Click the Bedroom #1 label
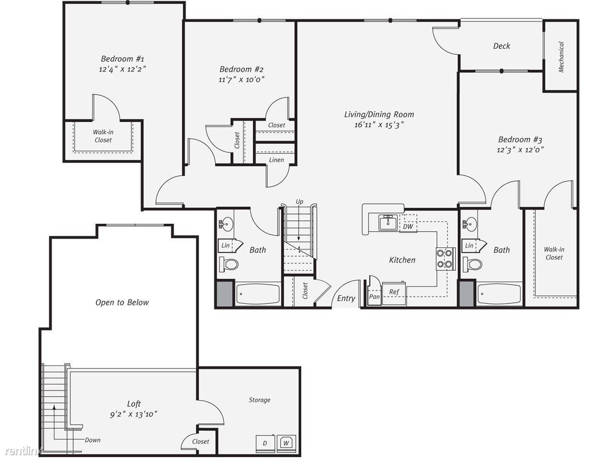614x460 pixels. (x=122, y=59)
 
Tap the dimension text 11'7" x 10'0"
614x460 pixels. (x=241, y=80)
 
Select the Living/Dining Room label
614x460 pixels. (x=379, y=114)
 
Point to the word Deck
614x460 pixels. (x=502, y=46)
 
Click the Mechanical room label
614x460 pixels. (x=561, y=57)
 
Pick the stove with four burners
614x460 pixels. (x=445, y=259)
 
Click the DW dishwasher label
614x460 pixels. (x=408, y=226)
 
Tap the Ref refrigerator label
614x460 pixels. (x=394, y=292)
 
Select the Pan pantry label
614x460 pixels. (x=374, y=296)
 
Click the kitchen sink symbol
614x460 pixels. (x=388, y=223)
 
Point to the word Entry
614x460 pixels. (x=346, y=299)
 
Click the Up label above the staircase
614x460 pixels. (x=299, y=202)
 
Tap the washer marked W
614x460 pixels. (x=286, y=443)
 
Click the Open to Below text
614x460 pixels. (x=122, y=302)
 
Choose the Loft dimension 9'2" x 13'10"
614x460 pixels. (x=133, y=414)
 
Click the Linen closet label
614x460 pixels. (x=276, y=160)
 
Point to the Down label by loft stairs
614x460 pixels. (x=93, y=440)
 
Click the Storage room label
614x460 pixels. (x=260, y=400)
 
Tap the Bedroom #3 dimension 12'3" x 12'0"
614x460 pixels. (x=520, y=150)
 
